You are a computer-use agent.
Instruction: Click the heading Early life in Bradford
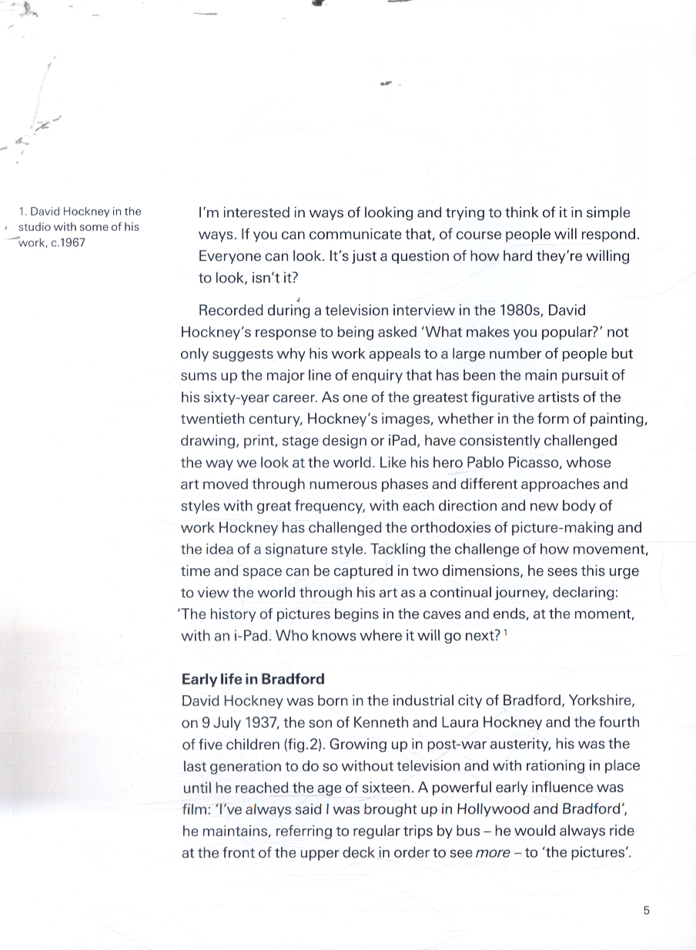click(x=253, y=679)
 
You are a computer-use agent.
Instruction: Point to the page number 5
click(x=646, y=911)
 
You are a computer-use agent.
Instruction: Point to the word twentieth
click(x=212, y=420)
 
